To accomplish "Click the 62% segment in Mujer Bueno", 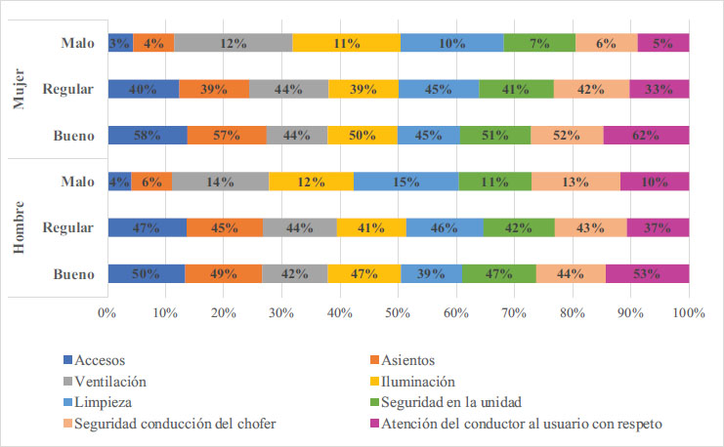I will point(646,136).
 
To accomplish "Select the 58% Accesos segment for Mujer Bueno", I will point(147,136).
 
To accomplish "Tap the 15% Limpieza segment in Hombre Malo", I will point(405,182).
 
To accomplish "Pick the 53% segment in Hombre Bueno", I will point(647,274).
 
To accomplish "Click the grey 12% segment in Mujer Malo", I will point(233,43).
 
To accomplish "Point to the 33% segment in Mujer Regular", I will point(659,90).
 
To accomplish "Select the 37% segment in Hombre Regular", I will point(658,228).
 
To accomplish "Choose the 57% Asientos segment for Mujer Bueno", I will point(226,136).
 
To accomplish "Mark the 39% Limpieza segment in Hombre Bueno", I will point(431,274).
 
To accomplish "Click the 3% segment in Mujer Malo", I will point(119,43).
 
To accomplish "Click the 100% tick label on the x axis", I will point(688,313).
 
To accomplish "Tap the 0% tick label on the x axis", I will point(107,313).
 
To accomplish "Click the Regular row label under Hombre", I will point(68,228).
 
